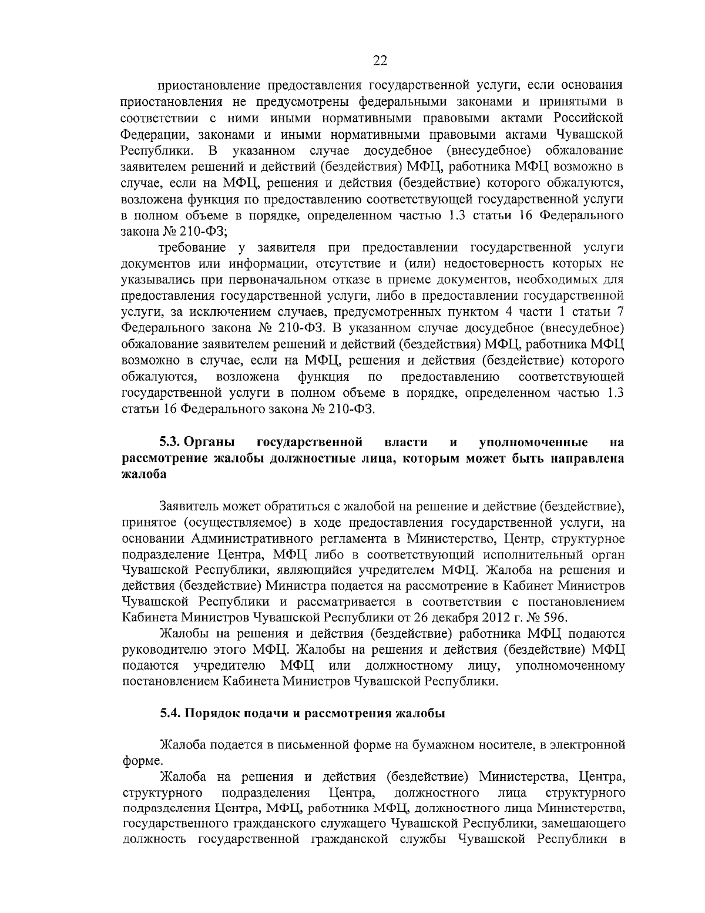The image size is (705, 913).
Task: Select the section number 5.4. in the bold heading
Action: tap(171, 713)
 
